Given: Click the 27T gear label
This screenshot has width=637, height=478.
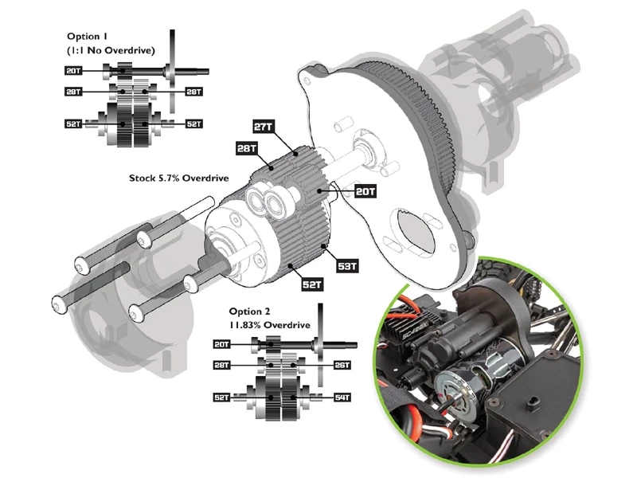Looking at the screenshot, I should point(264,127).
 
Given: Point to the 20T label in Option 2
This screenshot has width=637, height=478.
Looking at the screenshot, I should point(223,343).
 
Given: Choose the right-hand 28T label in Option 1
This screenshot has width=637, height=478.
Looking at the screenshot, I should point(193,92).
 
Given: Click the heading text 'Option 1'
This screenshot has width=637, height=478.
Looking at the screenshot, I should point(87,37).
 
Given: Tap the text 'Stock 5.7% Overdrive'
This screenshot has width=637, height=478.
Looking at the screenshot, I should point(179,178).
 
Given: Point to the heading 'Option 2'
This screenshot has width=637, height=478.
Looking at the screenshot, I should point(249,311).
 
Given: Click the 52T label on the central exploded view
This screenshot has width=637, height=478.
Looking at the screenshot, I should point(311,284).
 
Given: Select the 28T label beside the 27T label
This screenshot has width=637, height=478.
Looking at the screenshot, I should point(247,148).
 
